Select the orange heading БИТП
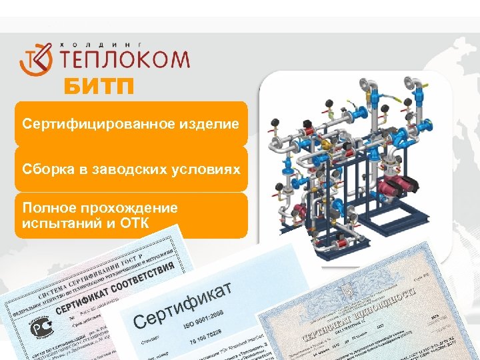(x=99, y=87)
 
